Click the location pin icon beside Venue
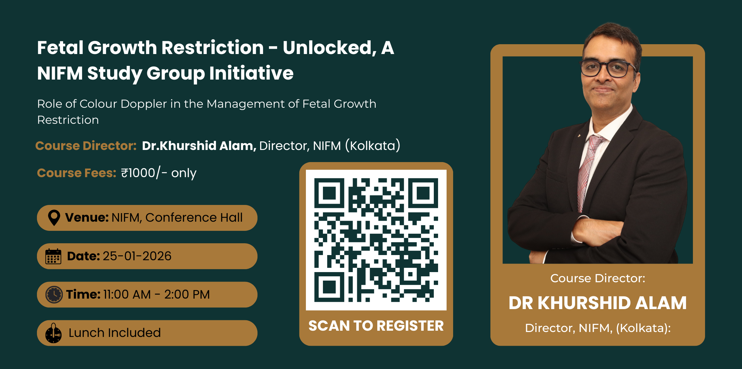pos(54,217)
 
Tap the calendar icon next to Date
pos(53,256)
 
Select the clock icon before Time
pos(54,295)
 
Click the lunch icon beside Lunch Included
pos(53,333)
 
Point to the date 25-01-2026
pos(137,256)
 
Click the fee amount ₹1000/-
pos(144,173)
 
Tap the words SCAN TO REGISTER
pos(376,326)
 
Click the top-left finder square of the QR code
pos(329,193)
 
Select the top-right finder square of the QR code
pos(423,193)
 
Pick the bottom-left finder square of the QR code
pos(329,287)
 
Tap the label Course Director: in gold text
pos(86,145)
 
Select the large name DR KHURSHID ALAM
pos(597,303)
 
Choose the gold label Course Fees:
pos(77,173)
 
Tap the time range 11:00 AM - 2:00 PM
pos(156,295)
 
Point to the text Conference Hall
pos(194,217)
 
